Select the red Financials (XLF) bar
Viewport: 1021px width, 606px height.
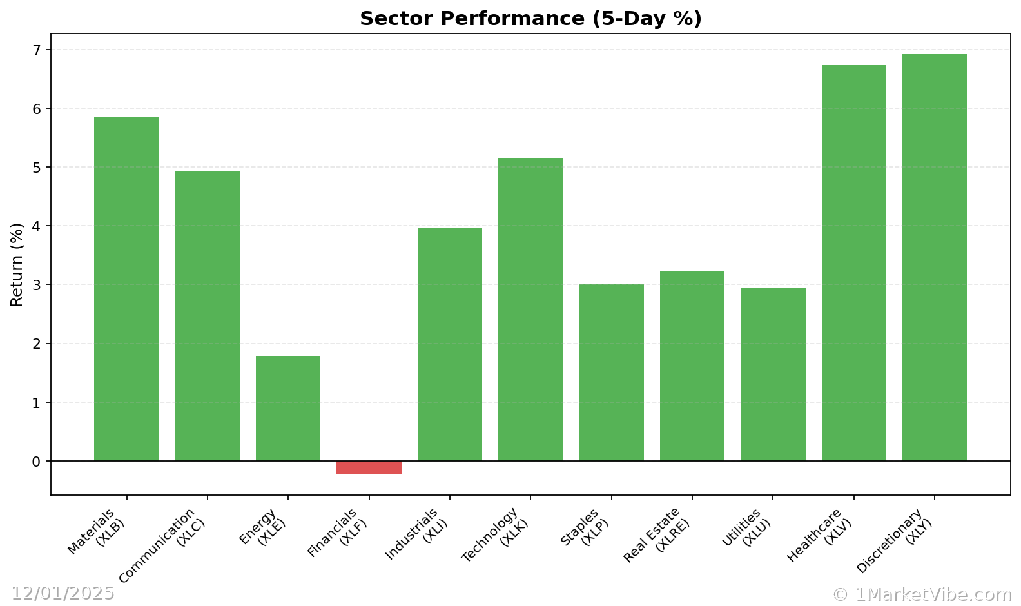369,467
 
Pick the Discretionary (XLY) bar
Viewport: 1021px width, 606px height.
934,257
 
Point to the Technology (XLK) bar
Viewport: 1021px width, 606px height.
530,309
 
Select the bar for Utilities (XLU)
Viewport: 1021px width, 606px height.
773,374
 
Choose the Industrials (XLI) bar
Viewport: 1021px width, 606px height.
450,344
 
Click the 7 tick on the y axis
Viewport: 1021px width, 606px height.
36,50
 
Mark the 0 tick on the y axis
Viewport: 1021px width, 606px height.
36,462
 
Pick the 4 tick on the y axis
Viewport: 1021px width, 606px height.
36,226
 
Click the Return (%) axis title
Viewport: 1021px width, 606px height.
17,264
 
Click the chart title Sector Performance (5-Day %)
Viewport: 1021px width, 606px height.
530,19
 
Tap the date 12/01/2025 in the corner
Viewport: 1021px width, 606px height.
63,593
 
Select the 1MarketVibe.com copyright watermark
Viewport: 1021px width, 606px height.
922,594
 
